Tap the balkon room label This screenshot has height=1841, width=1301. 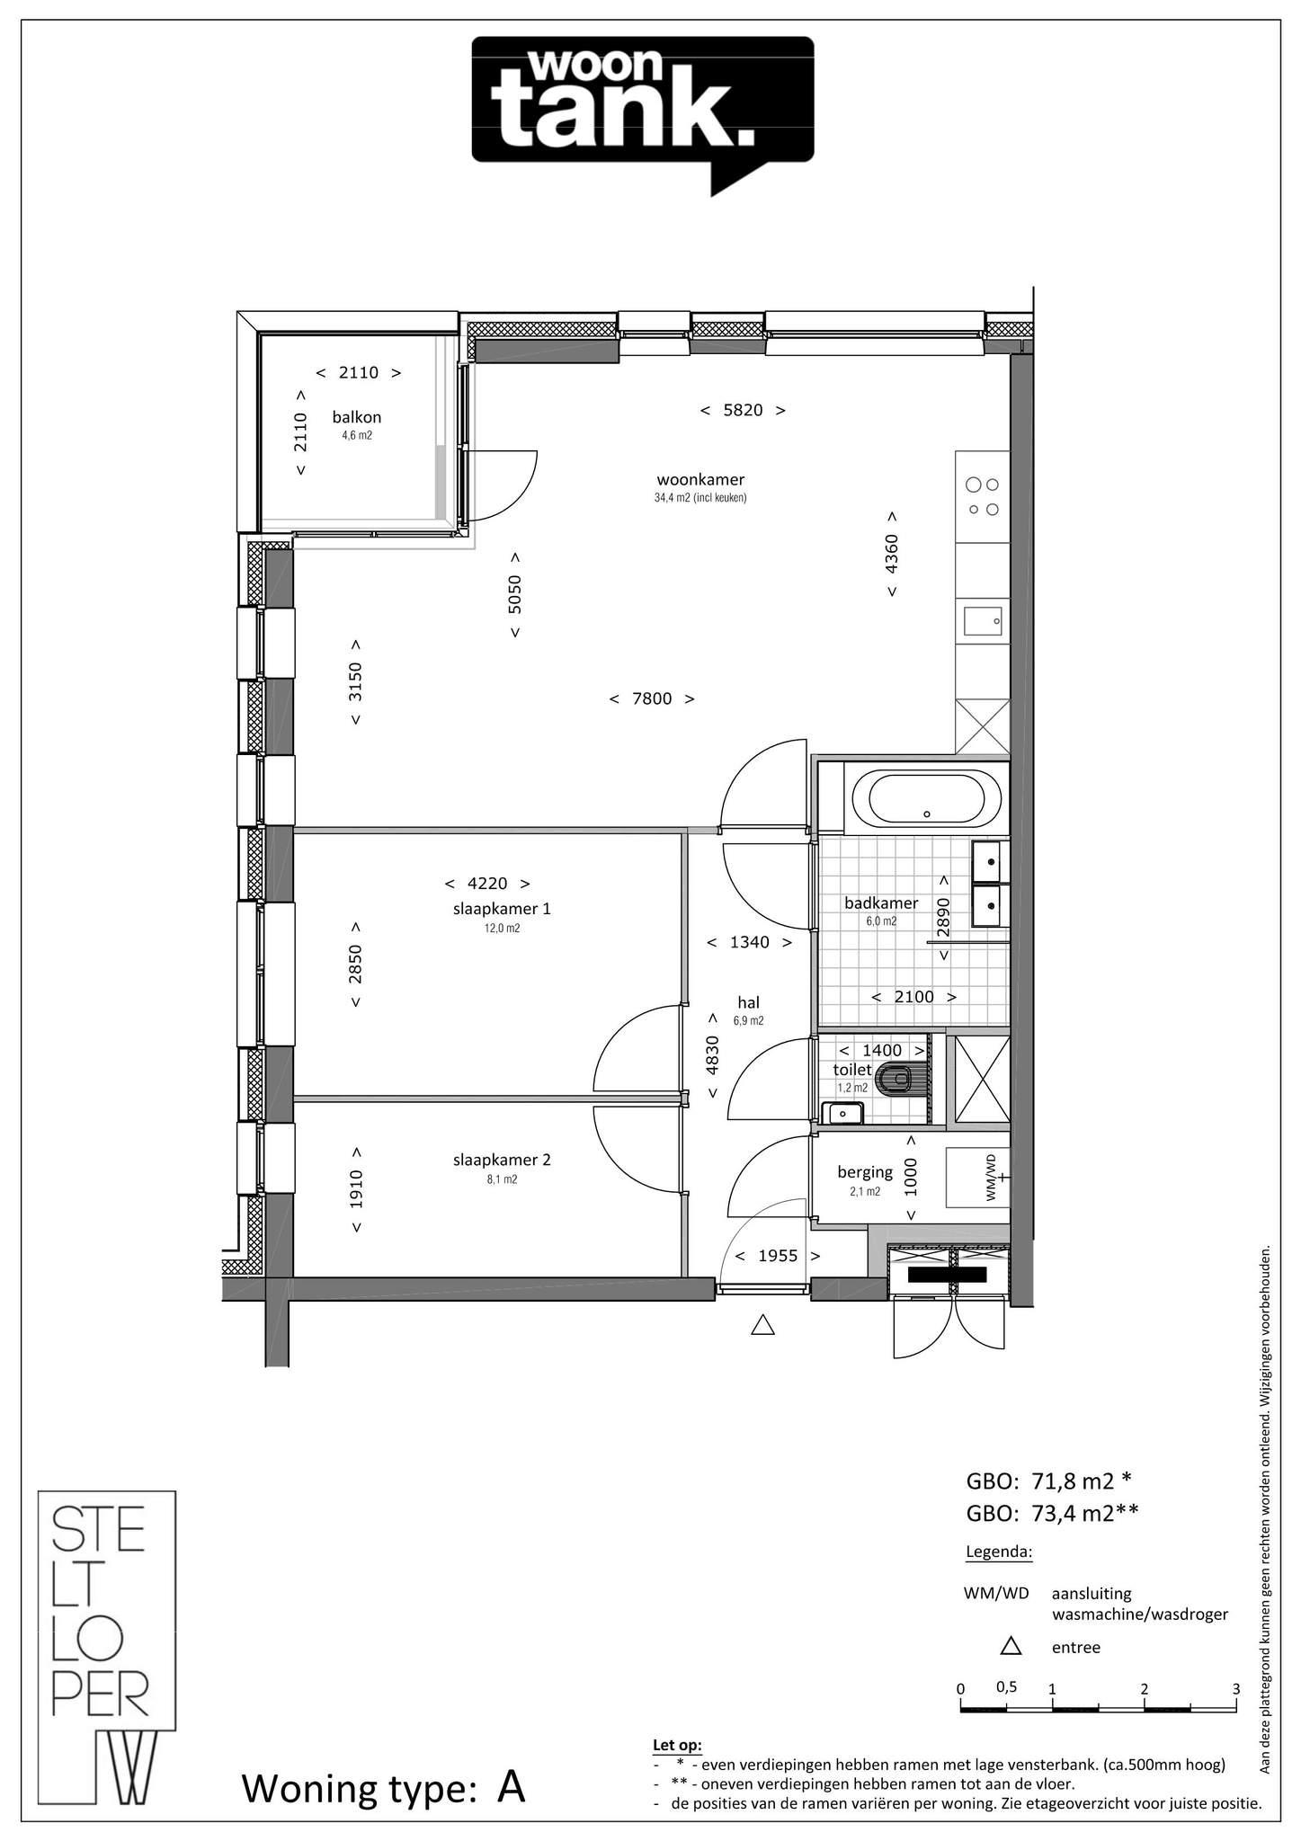357,417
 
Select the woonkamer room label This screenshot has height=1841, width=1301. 700,480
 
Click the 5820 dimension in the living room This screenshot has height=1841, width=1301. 743,410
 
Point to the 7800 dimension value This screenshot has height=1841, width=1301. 652,698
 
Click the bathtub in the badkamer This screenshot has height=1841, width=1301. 926,798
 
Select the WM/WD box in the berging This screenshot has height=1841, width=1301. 978,1178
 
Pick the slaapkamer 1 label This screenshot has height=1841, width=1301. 502,909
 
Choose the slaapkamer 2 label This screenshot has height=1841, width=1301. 502,1160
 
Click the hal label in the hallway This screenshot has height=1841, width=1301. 748,1002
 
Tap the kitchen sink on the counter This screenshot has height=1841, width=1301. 983,620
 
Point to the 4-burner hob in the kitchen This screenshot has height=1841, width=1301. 982,496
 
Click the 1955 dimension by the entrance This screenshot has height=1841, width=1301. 778,1256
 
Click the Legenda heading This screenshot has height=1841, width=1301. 999,1552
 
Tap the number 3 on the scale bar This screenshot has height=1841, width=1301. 1236,1688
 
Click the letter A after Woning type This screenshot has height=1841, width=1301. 512,1787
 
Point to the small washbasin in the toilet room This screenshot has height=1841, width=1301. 842,1113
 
